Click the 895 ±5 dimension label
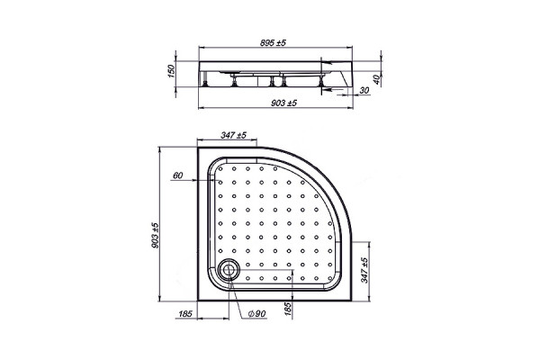tap(273, 42)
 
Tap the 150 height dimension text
tap(171, 71)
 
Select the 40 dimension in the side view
tap(377, 79)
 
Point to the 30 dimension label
tap(364, 90)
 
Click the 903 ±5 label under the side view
tap(283, 103)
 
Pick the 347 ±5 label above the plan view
tap(233, 135)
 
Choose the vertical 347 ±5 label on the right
tap(364, 270)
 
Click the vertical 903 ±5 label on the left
tap(155, 235)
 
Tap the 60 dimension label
tap(177, 175)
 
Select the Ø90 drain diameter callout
tap(256, 313)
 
